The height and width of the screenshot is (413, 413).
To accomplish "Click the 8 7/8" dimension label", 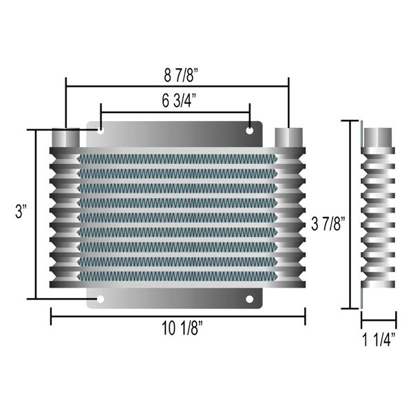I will point(177,72).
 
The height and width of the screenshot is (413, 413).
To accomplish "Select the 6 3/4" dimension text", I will point(176,100).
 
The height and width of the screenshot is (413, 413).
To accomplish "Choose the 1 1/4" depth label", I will point(379,338).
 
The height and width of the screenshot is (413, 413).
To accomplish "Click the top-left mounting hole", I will point(101,129).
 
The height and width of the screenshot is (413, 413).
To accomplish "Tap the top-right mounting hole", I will point(249,129).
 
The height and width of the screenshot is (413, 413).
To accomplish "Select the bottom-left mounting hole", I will point(101,299).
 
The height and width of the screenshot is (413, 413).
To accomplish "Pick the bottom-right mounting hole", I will point(249,299).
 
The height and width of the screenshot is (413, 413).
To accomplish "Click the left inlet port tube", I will point(66,136).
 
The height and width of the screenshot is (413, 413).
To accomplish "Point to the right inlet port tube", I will point(288,136).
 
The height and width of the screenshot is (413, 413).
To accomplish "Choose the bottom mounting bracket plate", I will point(176,297).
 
